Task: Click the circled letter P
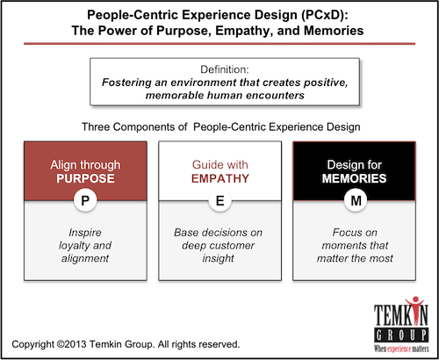85,200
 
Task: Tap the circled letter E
220,200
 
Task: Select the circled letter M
356,200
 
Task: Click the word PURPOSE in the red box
85,178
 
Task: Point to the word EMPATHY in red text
220,178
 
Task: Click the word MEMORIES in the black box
354,178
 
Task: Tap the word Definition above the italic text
225,69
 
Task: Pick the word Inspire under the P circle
85,233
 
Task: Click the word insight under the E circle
218,258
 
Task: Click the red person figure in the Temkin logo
414,310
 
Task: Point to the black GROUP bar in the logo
401,335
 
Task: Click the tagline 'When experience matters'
401,349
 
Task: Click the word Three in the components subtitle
96,127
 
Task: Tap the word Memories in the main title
334,31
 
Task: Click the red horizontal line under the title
219,44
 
